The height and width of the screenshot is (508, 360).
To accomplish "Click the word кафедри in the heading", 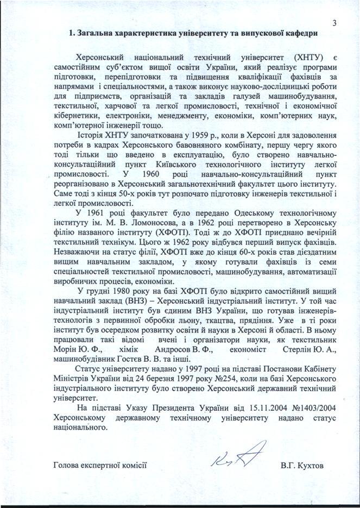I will click(x=298, y=34).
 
